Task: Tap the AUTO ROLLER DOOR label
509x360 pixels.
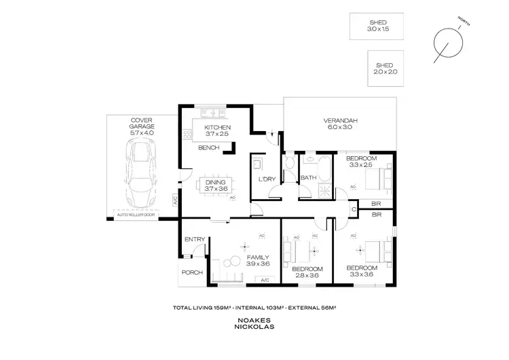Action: [x=136, y=215]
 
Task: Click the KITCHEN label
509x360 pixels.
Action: [x=217, y=127]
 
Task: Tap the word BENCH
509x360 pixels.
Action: [x=208, y=147]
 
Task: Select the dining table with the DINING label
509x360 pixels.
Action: [x=216, y=185]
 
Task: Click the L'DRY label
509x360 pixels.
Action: [x=265, y=179]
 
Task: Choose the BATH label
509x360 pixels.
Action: [x=309, y=178]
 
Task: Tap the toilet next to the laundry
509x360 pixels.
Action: [x=289, y=162]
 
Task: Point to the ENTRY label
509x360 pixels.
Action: [x=194, y=238]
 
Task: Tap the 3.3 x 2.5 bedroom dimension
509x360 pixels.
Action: [x=361, y=164]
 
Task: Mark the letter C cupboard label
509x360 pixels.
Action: [x=354, y=210]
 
